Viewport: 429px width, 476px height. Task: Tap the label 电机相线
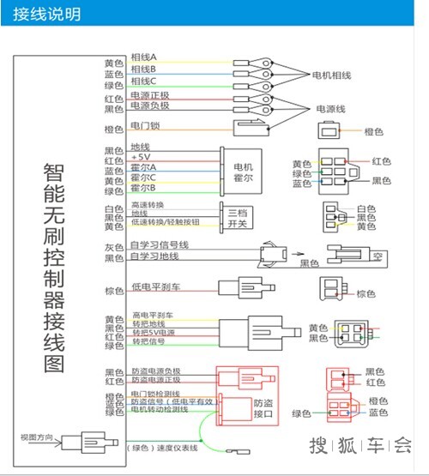coord(330,75)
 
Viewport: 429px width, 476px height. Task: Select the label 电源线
coord(331,109)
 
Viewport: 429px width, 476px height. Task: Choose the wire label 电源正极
coord(150,96)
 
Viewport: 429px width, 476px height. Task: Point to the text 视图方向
coord(37,439)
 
